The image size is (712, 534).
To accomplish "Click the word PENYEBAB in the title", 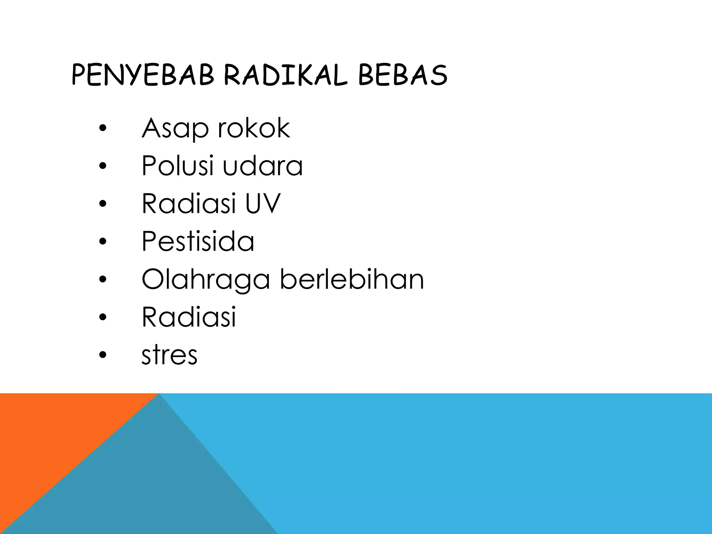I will (x=143, y=75).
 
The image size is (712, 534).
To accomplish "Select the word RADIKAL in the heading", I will (x=286, y=75).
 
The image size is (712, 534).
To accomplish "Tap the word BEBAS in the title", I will (x=403, y=75).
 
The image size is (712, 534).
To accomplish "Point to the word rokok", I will (x=254, y=128).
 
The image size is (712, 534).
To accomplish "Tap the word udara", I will (x=262, y=166).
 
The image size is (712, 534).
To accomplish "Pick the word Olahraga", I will (x=205, y=280).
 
